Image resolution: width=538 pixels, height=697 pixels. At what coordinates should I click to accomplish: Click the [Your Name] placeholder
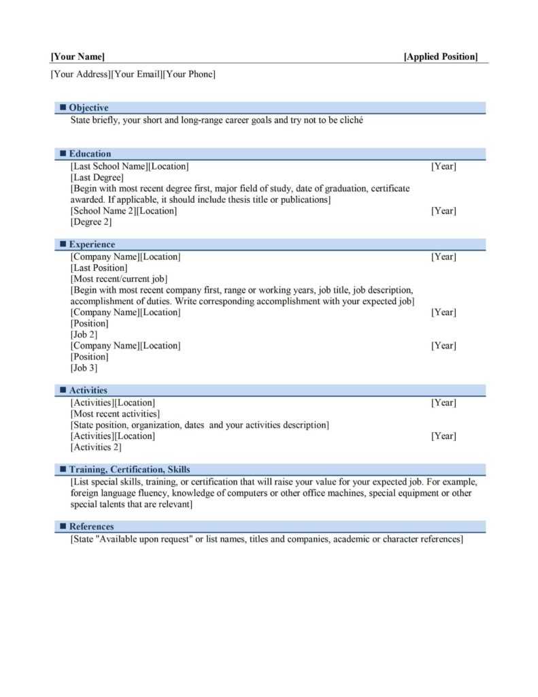[x=78, y=56]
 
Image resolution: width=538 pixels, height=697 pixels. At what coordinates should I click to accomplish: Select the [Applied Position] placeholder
[x=441, y=56]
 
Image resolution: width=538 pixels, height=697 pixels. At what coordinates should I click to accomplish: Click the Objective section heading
[x=88, y=108]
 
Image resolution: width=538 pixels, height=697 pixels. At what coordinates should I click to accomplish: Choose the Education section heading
[x=90, y=154]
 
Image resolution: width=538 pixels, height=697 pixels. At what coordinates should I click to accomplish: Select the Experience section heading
[x=92, y=244]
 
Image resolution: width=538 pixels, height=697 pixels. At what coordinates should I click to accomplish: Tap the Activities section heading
[x=88, y=391]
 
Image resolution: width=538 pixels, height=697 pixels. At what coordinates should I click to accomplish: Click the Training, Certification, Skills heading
[x=129, y=470]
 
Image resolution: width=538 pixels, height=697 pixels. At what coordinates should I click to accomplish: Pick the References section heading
[x=91, y=527]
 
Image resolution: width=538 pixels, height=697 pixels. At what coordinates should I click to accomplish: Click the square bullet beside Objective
[x=63, y=108]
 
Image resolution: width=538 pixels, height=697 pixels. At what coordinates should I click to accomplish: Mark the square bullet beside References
[x=63, y=527]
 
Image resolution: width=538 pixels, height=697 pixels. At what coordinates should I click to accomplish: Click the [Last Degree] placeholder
[x=97, y=178]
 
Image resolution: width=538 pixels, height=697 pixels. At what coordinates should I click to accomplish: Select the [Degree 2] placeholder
[x=91, y=222]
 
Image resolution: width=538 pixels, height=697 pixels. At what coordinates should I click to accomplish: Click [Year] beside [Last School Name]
[x=443, y=167]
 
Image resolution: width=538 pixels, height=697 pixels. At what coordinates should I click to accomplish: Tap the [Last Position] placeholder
[x=99, y=268]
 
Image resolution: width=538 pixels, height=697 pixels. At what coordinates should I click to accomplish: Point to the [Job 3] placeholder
[x=84, y=368]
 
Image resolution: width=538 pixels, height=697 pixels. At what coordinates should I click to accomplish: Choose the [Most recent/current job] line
[x=119, y=279]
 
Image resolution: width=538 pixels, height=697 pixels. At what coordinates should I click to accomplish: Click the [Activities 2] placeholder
[x=96, y=447]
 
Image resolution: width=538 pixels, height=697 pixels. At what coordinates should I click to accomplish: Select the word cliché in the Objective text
[x=350, y=120]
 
